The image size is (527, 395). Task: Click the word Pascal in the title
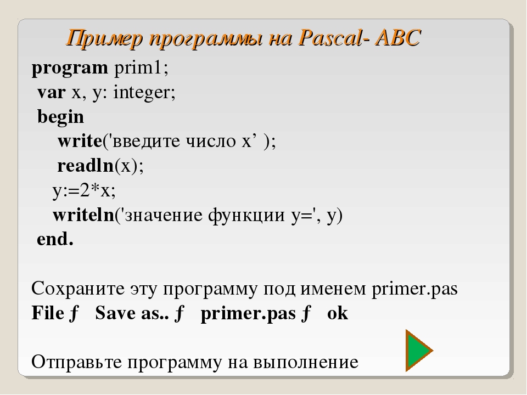click(330, 37)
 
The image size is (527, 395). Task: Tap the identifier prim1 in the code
click(141, 67)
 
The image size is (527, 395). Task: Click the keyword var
click(51, 93)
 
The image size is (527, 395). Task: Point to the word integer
click(144, 93)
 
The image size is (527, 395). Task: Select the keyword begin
click(60, 117)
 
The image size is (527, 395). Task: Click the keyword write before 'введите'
click(80, 141)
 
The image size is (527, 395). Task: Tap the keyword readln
click(86, 166)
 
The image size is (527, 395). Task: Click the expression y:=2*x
click(84, 191)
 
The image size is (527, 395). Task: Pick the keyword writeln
click(83, 215)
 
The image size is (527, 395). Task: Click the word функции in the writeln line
click(246, 216)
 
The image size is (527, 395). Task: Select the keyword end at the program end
click(55, 239)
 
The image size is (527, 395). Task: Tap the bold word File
click(47, 313)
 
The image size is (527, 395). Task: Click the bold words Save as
click(132, 313)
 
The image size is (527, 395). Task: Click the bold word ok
click(338, 313)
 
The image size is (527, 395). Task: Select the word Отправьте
click(76, 363)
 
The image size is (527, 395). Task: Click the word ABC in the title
click(398, 37)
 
